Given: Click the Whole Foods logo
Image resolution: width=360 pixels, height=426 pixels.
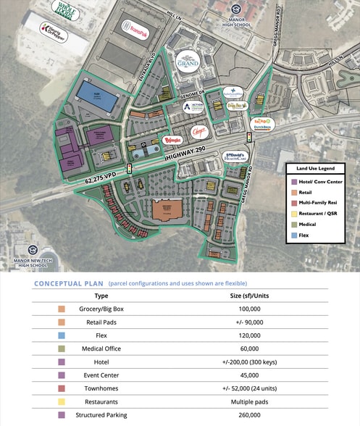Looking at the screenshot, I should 67,10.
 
